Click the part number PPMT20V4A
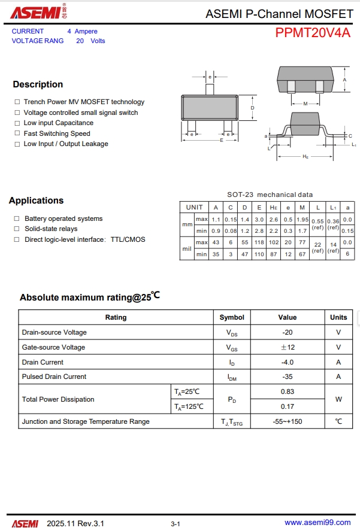[313, 33]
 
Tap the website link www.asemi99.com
[317, 523]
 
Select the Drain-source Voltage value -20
[288, 332]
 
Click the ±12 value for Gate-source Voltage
[288, 347]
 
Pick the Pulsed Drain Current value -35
[288, 377]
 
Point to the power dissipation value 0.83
[288, 392]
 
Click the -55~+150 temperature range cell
[288, 421]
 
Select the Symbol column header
[232, 317]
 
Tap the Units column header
[338, 317]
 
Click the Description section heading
[38, 84]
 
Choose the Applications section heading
[36, 201]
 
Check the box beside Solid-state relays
[17, 229]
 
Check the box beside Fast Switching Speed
[17, 133]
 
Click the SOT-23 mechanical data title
[270, 195]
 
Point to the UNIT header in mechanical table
[194, 207]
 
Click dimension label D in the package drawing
[253, 108]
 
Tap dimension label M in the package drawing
[305, 104]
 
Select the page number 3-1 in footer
[176, 524]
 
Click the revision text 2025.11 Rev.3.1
[75, 523]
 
